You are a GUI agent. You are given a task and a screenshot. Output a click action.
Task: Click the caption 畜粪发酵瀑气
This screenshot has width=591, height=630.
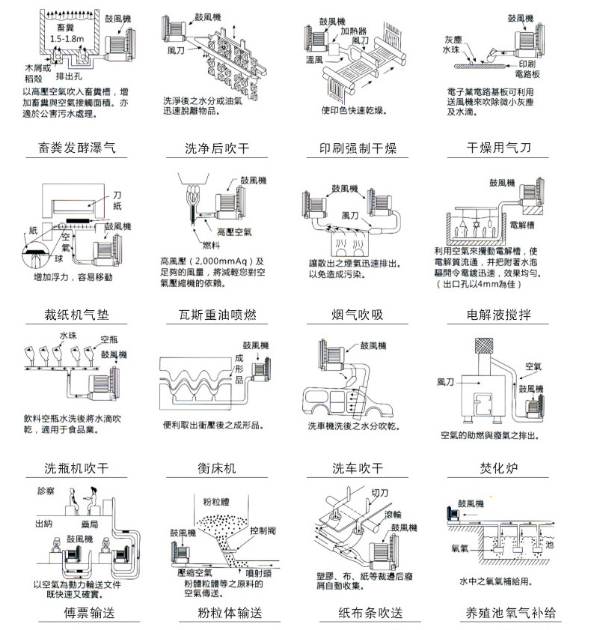pos(77,148)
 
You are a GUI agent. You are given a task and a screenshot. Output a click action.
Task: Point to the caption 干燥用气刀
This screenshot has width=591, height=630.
pos(498,148)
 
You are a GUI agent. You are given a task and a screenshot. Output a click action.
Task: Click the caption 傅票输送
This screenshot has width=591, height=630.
pos(77,613)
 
